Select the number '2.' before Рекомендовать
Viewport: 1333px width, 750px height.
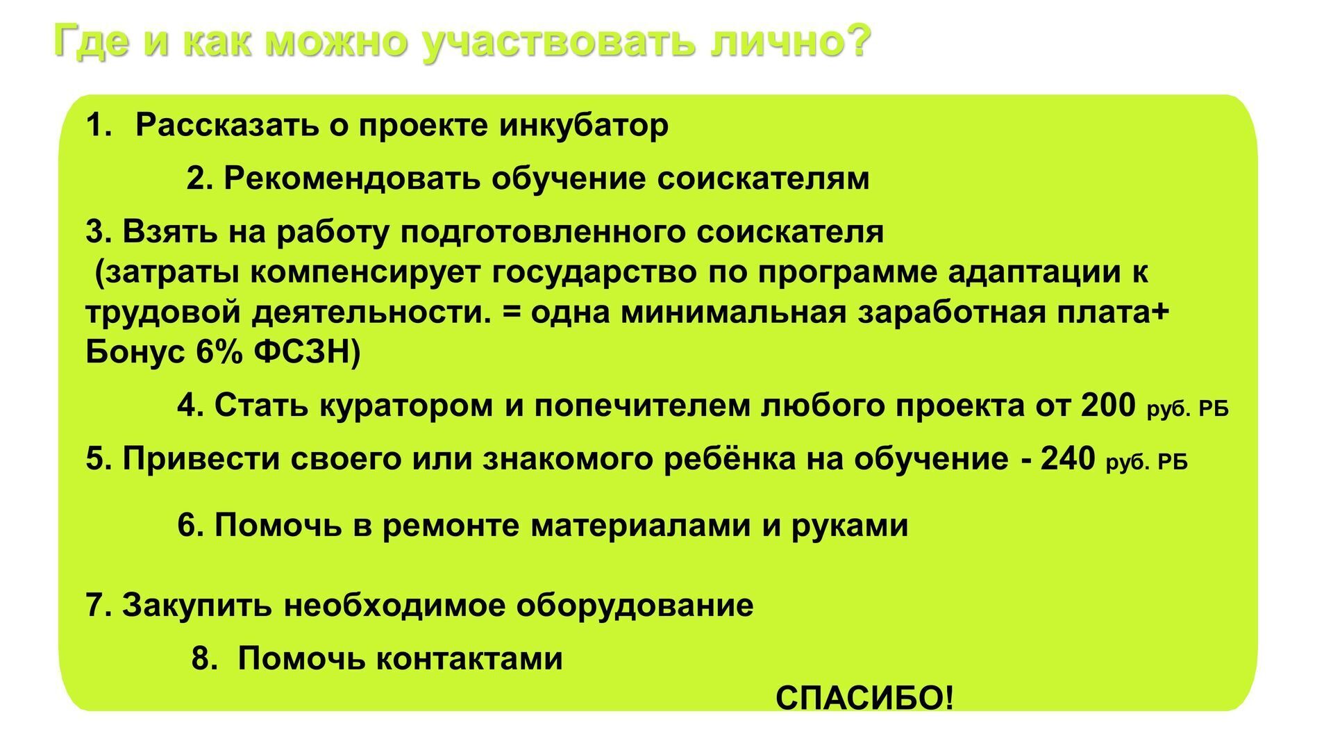pyautogui.click(x=199, y=178)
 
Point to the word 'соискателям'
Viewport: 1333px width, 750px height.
pyautogui.click(x=763, y=178)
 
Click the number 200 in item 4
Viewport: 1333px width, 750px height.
pyautogui.click(x=1108, y=405)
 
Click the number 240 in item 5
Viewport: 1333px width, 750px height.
pyautogui.click(x=1068, y=458)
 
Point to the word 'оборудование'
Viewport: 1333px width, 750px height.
pyautogui.click(x=635, y=605)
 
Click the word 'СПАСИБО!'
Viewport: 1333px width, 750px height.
pyautogui.click(x=865, y=698)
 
